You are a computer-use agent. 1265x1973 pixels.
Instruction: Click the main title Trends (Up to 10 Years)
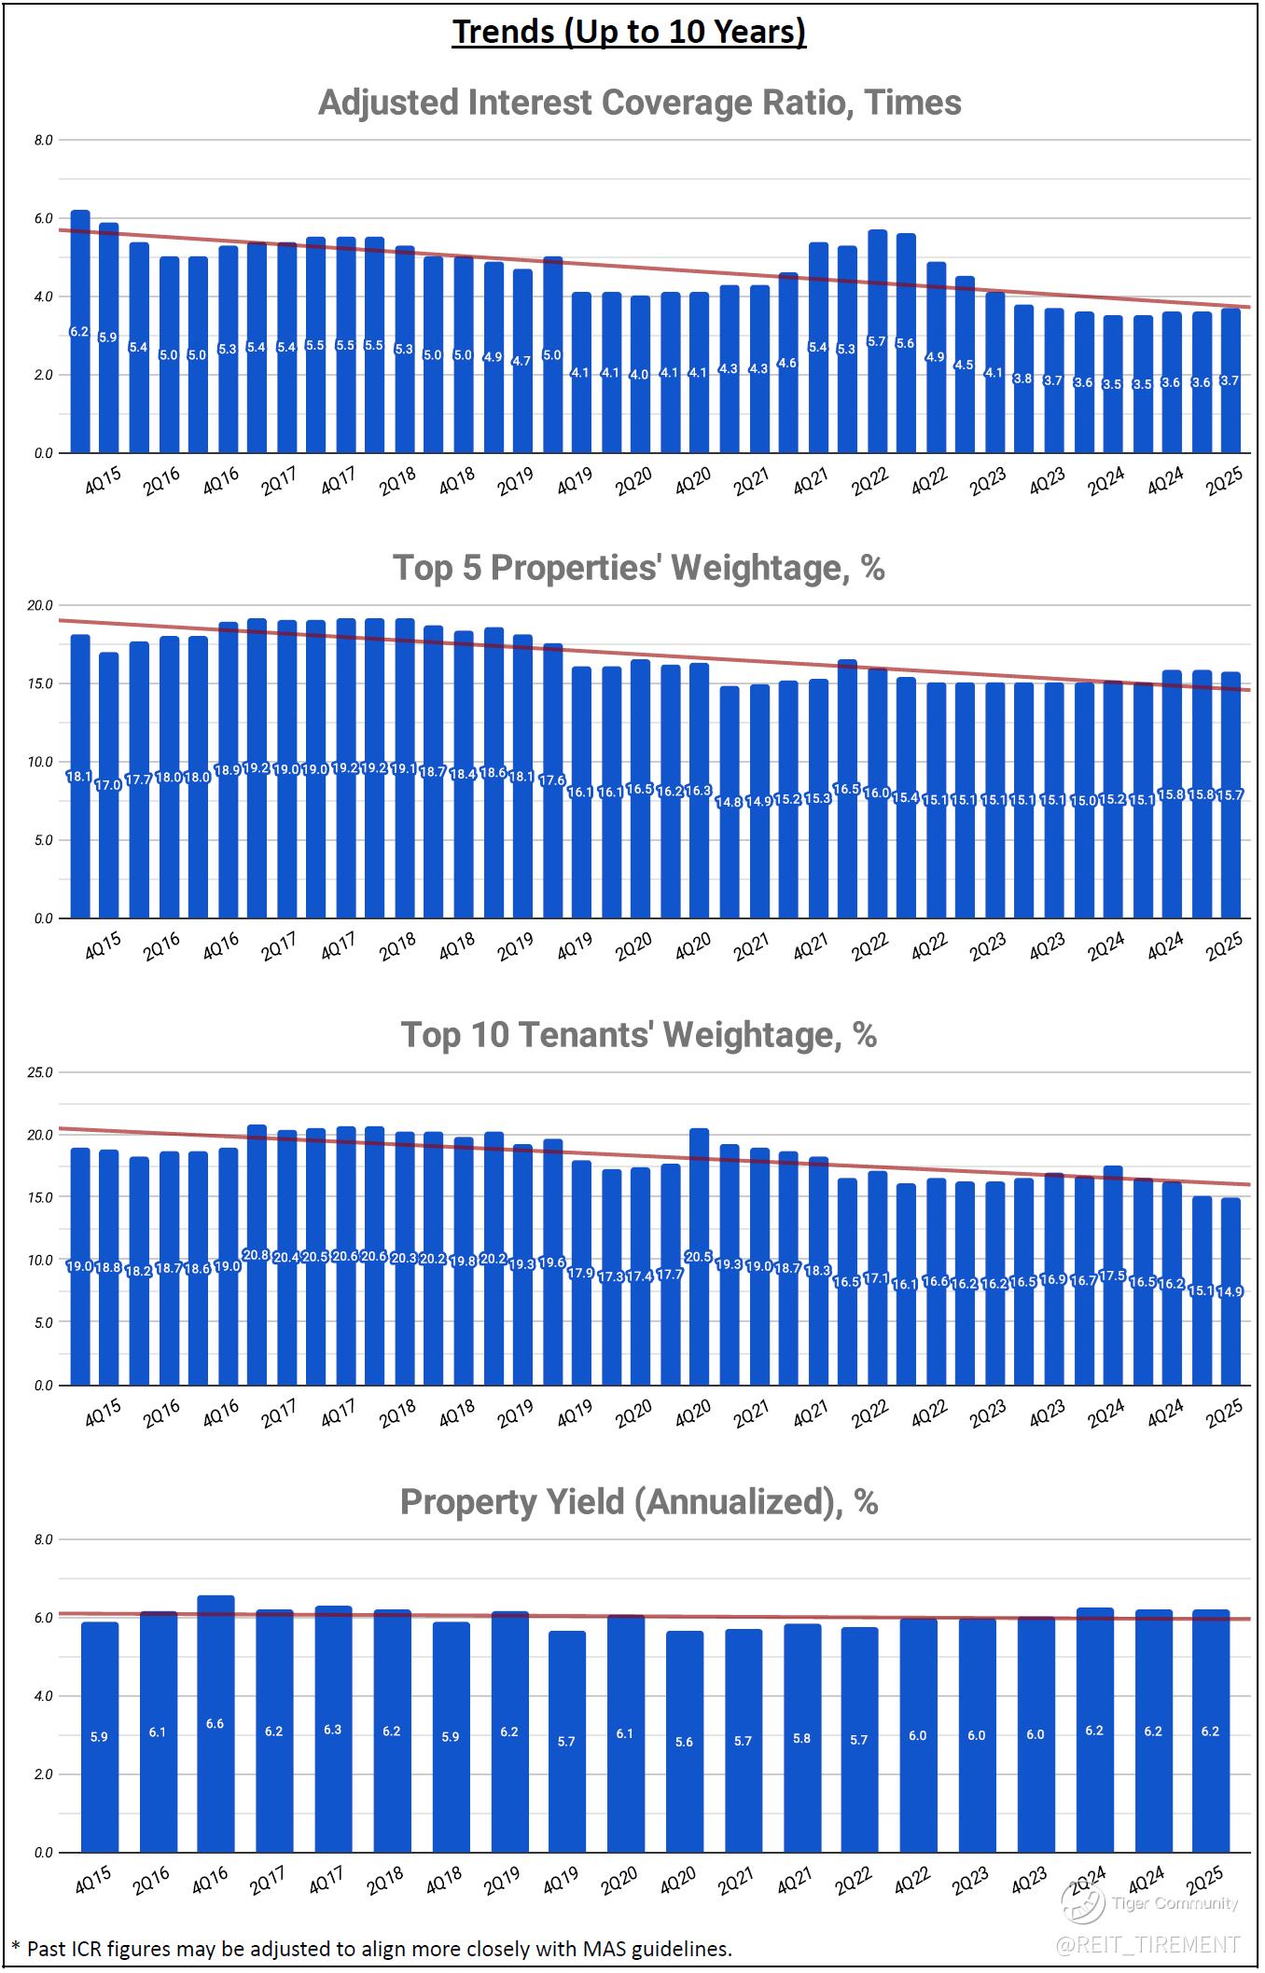630,32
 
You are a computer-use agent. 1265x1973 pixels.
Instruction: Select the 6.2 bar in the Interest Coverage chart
80,332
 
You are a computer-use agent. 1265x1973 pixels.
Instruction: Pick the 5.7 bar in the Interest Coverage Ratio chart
877,341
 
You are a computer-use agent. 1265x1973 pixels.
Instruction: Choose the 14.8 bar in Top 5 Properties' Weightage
730,802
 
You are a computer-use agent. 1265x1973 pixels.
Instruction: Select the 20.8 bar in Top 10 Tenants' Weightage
257,1255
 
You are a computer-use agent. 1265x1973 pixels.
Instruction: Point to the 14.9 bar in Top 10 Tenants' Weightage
1231,1291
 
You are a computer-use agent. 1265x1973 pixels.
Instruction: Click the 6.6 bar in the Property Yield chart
215,1724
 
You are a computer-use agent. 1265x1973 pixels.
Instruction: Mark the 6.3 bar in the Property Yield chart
333,1730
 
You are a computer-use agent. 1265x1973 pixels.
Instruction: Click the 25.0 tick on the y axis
40,1072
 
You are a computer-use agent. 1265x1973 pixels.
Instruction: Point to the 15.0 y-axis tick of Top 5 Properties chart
40,683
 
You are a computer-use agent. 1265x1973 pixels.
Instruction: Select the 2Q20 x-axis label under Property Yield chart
619,1881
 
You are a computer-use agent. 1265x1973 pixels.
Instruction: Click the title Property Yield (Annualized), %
639,1502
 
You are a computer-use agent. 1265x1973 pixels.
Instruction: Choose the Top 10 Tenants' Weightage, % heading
639,1035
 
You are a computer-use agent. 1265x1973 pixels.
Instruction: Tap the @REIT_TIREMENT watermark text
1147,1943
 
